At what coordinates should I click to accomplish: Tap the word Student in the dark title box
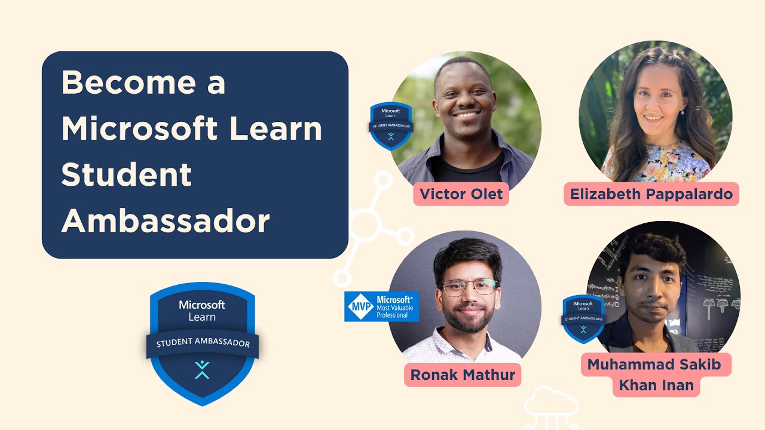pyautogui.click(x=127, y=174)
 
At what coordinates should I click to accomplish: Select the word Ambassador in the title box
pyautogui.click(x=166, y=221)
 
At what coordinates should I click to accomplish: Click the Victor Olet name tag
pyautogui.click(x=461, y=194)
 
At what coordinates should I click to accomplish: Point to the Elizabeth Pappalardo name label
pyautogui.click(x=651, y=194)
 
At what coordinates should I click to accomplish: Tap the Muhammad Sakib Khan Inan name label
pyautogui.click(x=656, y=374)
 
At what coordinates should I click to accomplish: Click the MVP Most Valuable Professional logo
pyautogui.click(x=381, y=306)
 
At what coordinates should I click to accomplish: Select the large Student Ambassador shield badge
pyautogui.click(x=202, y=343)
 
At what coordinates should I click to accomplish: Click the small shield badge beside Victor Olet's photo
pyautogui.click(x=391, y=126)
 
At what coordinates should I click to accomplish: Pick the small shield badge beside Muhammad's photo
pyautogui.click(x=583, y=318)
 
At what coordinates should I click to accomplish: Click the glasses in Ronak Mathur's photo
pyautogui.click(x=469, y=287)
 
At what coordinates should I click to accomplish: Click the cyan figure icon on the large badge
pyautogui.click(x=202, y=369)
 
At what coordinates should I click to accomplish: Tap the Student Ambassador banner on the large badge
pyautogui.click(x=202, y=343)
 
